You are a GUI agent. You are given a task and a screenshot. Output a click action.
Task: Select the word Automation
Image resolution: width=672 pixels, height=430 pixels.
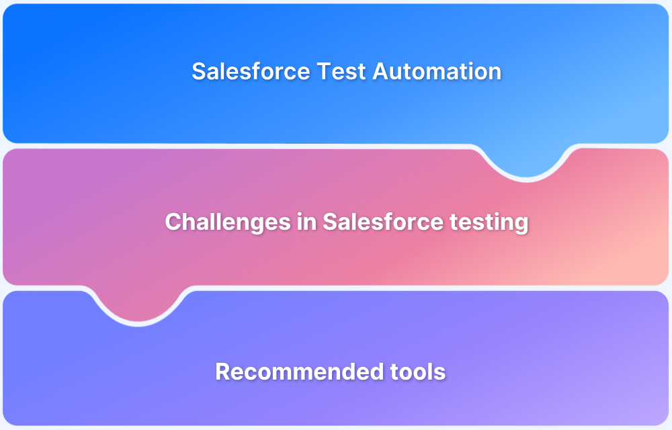pos(437,71)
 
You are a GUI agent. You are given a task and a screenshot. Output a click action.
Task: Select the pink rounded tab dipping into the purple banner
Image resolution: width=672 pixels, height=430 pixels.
pos(138,306)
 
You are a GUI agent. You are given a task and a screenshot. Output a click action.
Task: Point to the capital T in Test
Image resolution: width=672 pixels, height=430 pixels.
pos(314,71)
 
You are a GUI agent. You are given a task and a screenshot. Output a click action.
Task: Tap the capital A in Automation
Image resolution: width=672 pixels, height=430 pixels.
pos(380,71)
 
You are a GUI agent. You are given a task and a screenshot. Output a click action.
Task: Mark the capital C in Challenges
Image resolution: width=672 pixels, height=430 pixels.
pos(173,222)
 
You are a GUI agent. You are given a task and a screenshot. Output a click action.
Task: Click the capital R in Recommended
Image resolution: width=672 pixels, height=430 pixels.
pos(222,371)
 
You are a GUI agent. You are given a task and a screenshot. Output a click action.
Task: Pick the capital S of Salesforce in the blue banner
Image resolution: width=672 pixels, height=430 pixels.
pos(198,71)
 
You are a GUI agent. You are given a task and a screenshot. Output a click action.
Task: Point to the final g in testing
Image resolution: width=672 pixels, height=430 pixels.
pos(521,224)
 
